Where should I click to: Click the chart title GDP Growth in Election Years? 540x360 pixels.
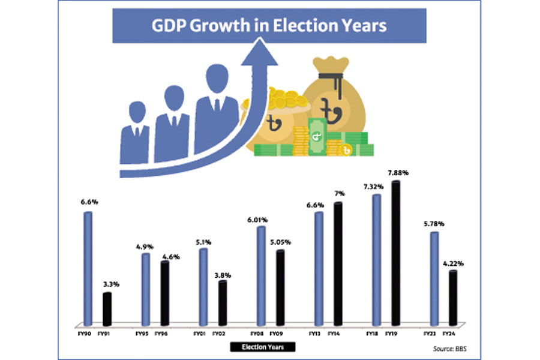tap(269, 26)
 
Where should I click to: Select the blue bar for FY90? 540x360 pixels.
tap(88, 267)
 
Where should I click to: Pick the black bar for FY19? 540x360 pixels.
tap(395, 252)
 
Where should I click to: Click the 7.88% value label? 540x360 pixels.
tap(398, 173)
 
